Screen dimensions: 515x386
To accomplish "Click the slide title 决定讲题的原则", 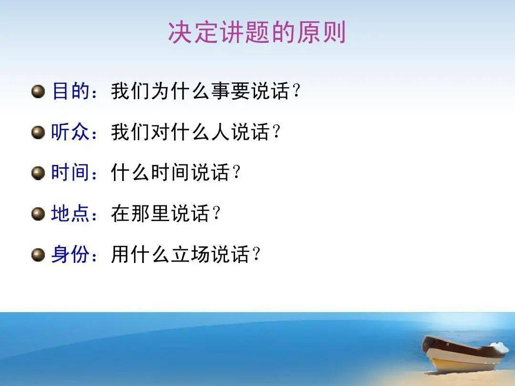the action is pos(257,32).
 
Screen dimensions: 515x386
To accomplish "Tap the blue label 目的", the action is pos(71,91).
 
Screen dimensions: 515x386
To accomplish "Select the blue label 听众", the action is pos(70,132).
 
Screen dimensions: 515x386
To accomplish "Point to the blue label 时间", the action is pos(70,173).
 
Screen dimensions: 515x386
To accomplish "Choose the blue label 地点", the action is pos(70,213).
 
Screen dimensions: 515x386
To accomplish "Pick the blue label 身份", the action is pos(70,254).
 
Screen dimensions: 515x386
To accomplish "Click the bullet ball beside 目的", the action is pos(38,91).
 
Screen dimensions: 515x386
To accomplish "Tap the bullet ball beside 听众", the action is pos(38,132).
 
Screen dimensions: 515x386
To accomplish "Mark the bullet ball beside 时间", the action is pos(38,173).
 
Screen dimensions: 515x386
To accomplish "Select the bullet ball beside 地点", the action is pos(38,214).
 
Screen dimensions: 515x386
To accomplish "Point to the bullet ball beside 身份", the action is pos(38,254).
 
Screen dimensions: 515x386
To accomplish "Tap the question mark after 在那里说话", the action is pos(216,213).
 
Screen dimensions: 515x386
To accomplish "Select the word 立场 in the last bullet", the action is pos(190,254).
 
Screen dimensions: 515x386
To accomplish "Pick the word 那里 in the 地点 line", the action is pos(150,213).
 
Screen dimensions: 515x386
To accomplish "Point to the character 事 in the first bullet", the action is pos(221,91).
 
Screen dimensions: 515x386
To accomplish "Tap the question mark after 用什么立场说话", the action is pos(257,254).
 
